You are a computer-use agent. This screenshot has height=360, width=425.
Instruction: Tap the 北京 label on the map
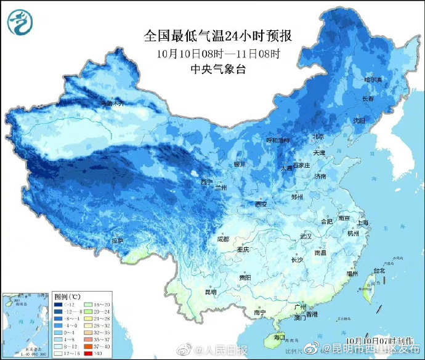(318, 137)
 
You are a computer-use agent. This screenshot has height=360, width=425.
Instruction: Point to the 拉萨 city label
(118, 240)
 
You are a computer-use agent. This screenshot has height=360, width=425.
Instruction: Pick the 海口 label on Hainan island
(279, 337)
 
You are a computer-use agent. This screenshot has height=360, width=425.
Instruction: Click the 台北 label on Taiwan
(379, 270)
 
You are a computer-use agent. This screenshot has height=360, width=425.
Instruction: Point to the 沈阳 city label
(368, 120)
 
